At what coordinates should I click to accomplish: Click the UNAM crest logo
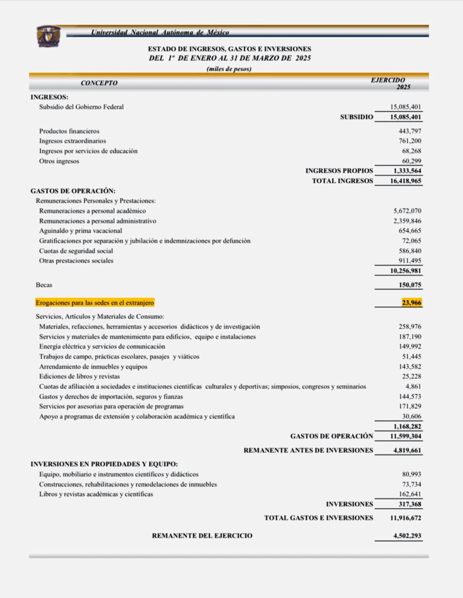[48, 37]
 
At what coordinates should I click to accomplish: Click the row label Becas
[44, 285]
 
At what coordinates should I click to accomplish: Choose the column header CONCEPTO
[99, 83]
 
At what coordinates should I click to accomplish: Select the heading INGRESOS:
[50, 96]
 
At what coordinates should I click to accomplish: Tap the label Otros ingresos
[59, 161]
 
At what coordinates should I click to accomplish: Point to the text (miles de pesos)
[229, 69]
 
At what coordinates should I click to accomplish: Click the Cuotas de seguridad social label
[76, 251]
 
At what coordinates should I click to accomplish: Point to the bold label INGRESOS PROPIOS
[339, 171]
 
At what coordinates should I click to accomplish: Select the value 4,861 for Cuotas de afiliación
[413, 387]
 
